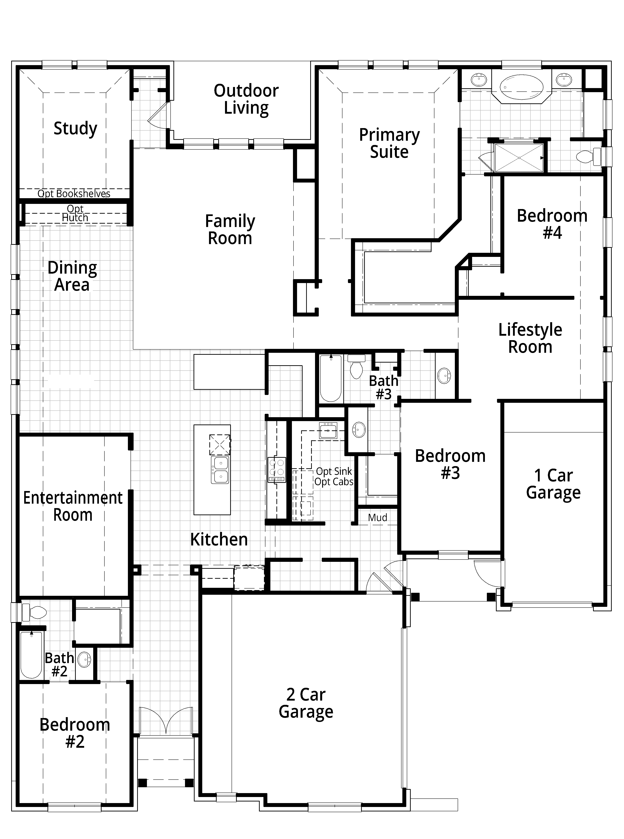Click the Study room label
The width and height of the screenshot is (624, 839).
click(76, 128)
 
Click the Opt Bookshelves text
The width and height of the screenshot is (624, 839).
click(74, 194)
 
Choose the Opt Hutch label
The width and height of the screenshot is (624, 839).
click(75, 213)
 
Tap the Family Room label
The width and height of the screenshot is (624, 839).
click(230, 230)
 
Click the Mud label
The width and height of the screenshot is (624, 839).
click(378, 518)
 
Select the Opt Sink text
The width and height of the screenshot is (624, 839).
click(334, 471)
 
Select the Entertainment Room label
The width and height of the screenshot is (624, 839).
click(73, 506)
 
